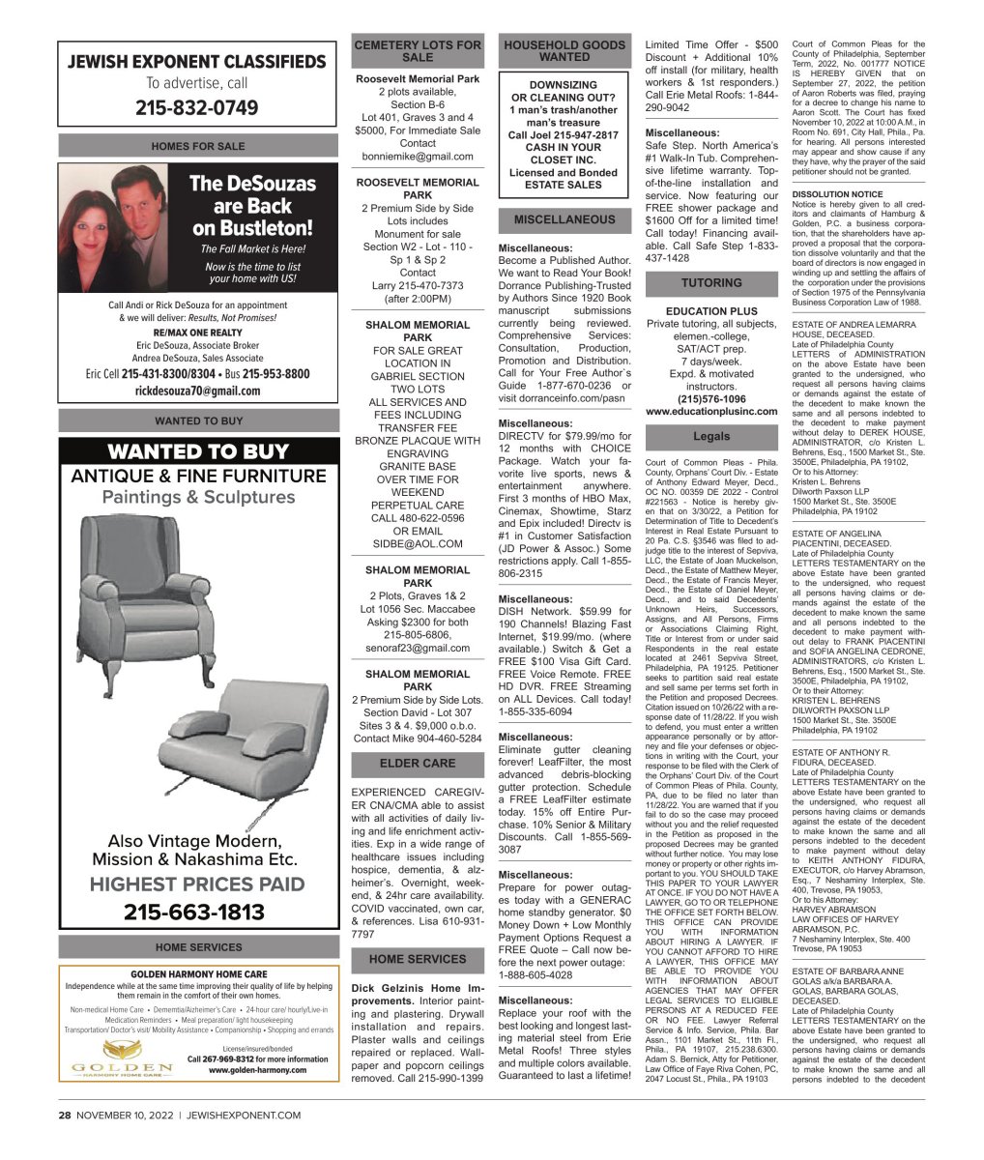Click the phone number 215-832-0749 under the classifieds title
coord(196,107)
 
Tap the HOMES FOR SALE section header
coord(197,145)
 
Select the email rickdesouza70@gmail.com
coord(197,391)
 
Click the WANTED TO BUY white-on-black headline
coord(197,451)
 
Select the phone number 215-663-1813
coord(197,912)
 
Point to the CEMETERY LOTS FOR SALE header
coord(418,51)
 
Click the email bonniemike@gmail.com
coord(418,156)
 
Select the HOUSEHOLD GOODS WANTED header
coord(564,51)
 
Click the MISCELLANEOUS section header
coord(564,219)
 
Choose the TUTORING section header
coord(711,283)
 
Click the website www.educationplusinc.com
coord(711,412)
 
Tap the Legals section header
coord(711,437)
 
